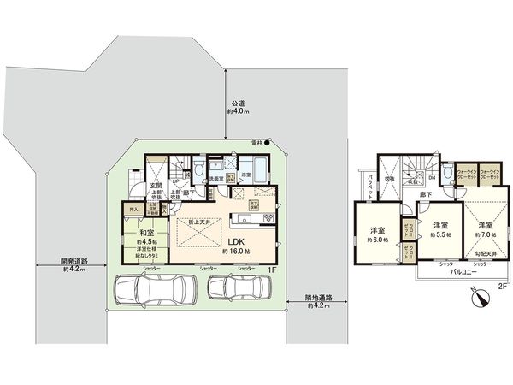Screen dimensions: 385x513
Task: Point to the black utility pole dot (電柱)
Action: [x=267, y=142]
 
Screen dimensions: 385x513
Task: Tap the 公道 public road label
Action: [x=237, y=104]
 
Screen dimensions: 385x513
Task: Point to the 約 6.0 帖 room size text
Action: [x=378, y=240]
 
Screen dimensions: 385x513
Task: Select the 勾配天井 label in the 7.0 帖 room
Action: [x=486, y=253]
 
